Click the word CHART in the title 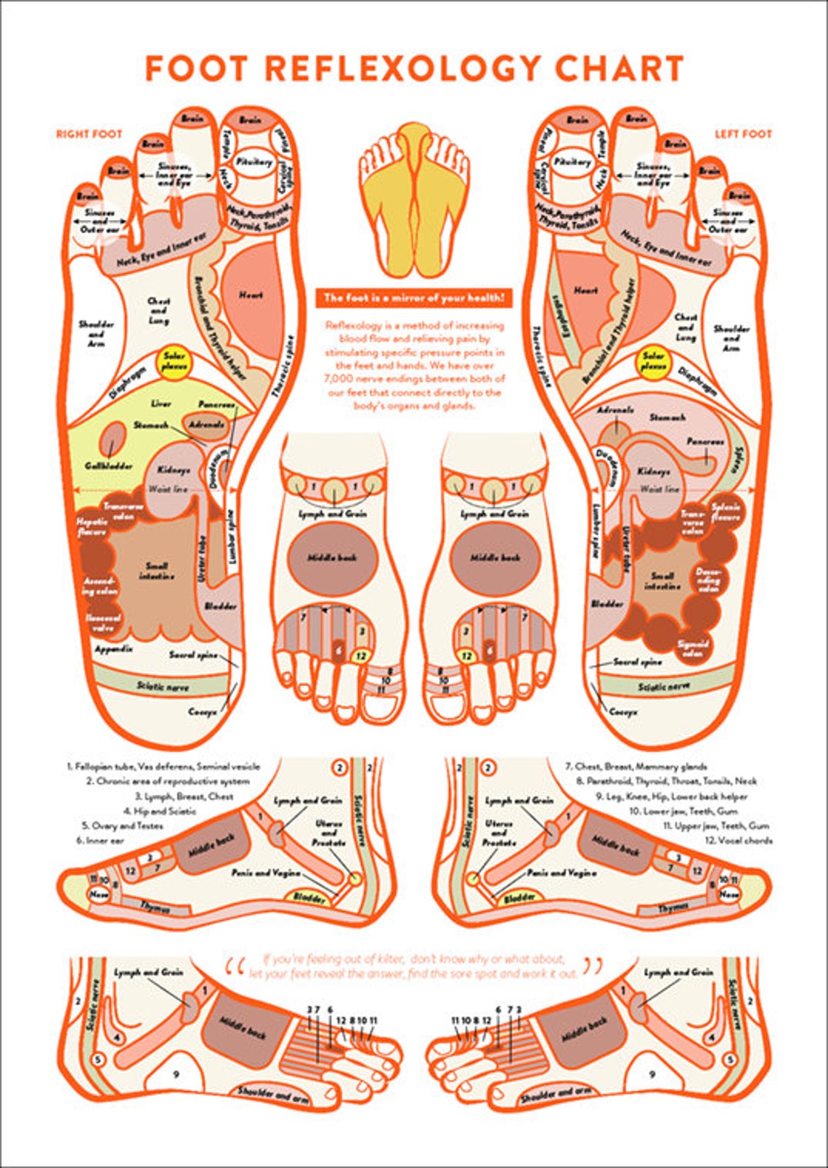tap(619, 69)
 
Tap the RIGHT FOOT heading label tap(89, 134)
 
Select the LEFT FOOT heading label tap(742, 134)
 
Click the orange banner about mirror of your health tap(413, 298)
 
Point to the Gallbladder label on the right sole tap(109, 465)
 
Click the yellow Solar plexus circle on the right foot tap(174, 361)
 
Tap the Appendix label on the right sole tap(113, 648)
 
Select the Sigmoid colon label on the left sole tap(692, 648)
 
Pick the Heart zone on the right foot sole tap(251, 296)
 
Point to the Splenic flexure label tap(726, 512)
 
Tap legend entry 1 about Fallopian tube tap(163, 766)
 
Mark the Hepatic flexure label tap(93, 527)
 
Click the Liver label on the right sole tap(161, 404)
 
